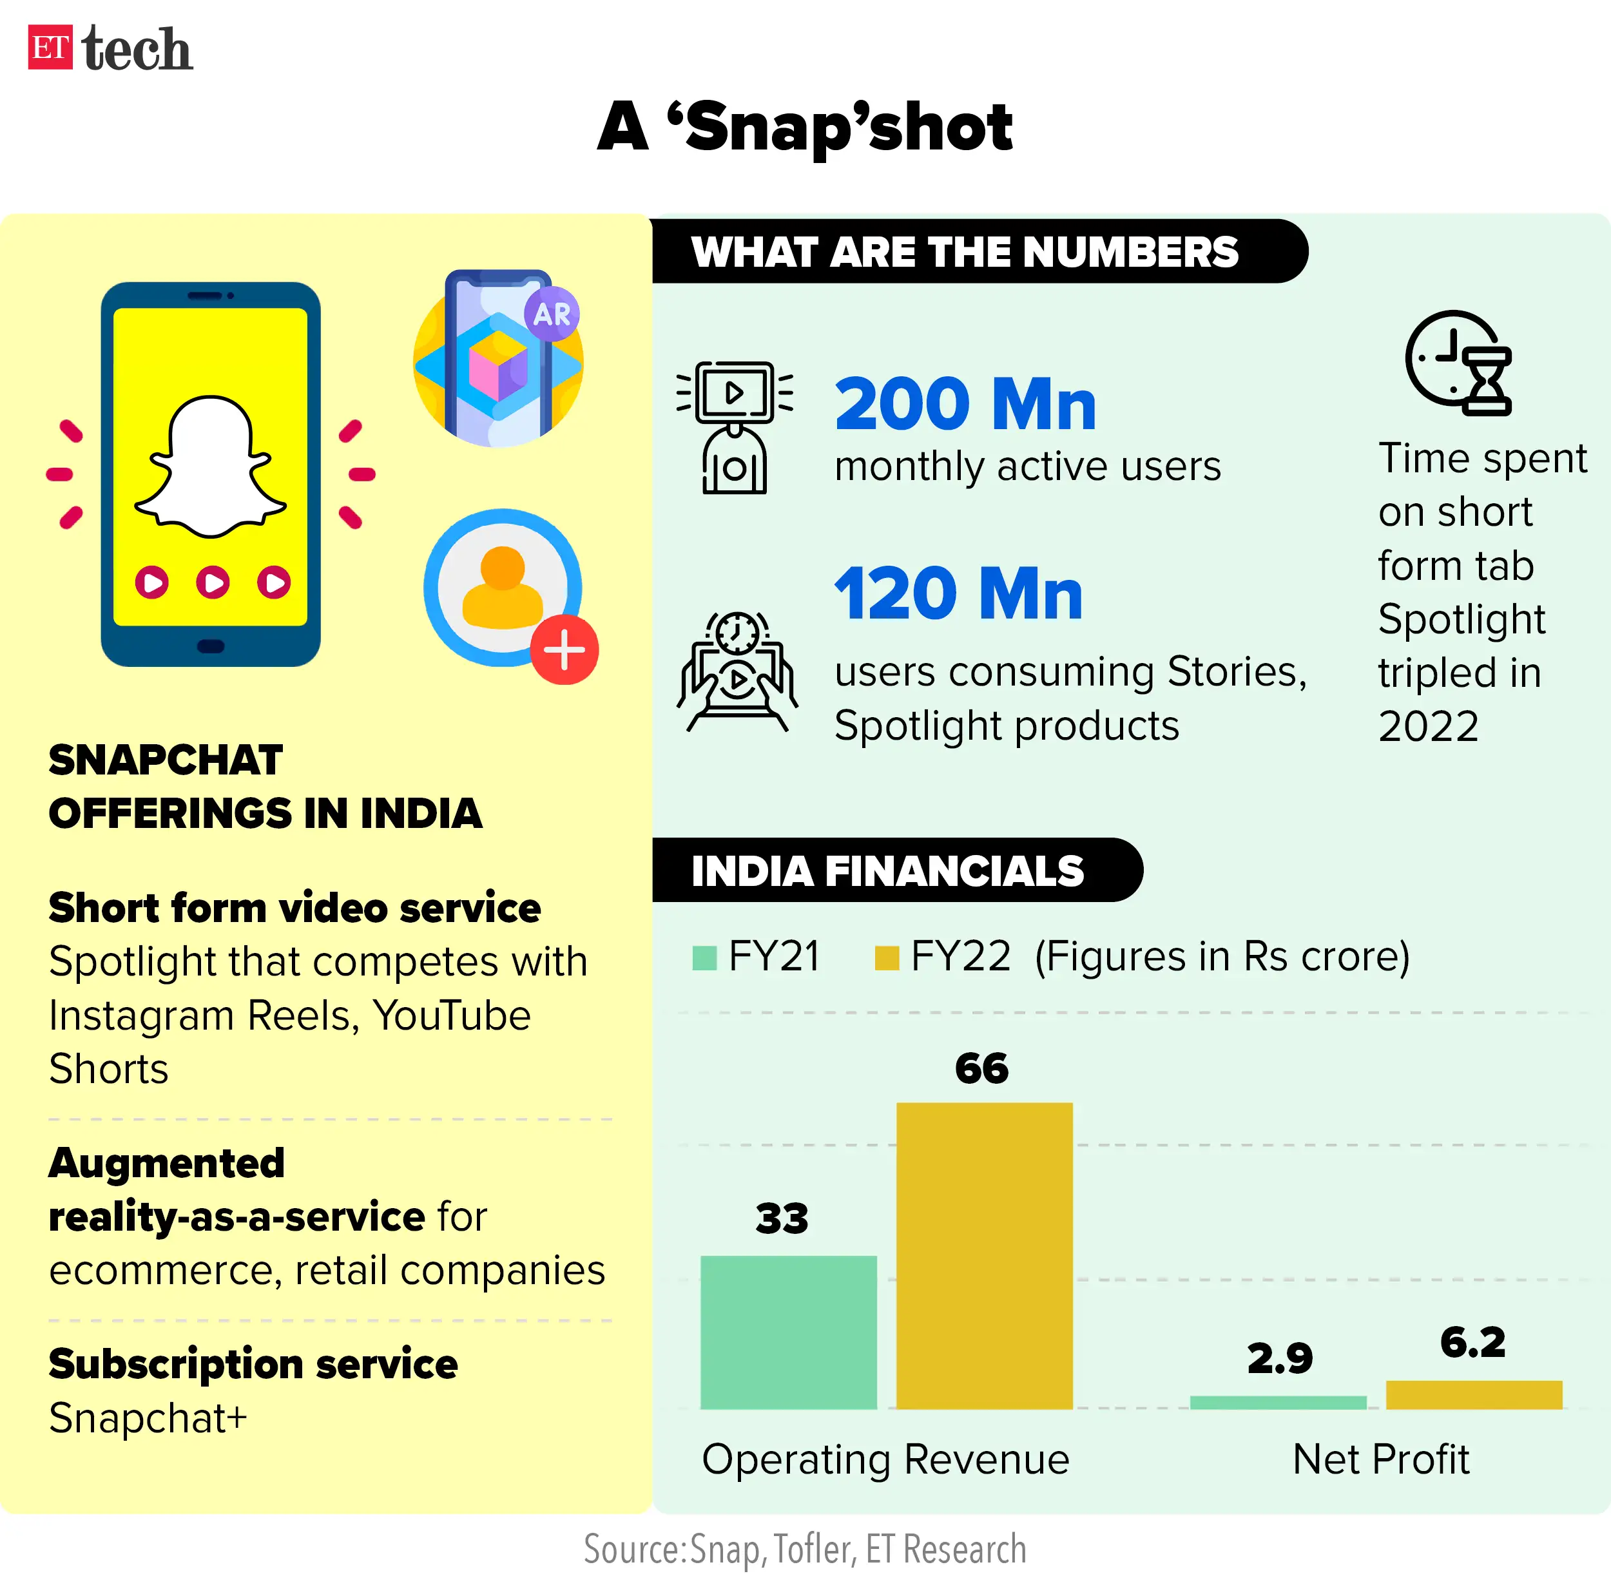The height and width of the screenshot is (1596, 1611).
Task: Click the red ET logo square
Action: [x=50, y=48]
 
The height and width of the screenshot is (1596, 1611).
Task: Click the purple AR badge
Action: [x=551, y=314]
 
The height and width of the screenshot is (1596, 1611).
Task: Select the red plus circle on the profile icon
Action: [x=564, y=650]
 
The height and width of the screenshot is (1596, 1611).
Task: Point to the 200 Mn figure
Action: [x=965, y=405]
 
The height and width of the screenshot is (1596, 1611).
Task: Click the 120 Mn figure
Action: [x=958, y=593]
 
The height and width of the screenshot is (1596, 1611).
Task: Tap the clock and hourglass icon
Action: [x=1459, y=363]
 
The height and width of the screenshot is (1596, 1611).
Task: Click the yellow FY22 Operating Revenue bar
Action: [x=984, y=1255]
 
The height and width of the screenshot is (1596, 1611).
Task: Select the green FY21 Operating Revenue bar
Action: [x=788, y=1332]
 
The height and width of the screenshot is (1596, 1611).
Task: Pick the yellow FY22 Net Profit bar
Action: [x=1473, y=1395]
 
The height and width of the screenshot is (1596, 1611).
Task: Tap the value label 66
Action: [x=981, y=1068]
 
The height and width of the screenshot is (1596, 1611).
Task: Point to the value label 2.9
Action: [x=1279, y=1358]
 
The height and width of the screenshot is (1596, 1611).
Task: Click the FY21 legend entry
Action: [x=757, y=956]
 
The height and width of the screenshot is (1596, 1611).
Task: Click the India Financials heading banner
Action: [x=888, y=870]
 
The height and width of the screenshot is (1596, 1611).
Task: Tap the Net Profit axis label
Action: [x=1380, y=1459]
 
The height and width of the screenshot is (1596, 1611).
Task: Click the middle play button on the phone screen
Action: [x=213, y=582]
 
